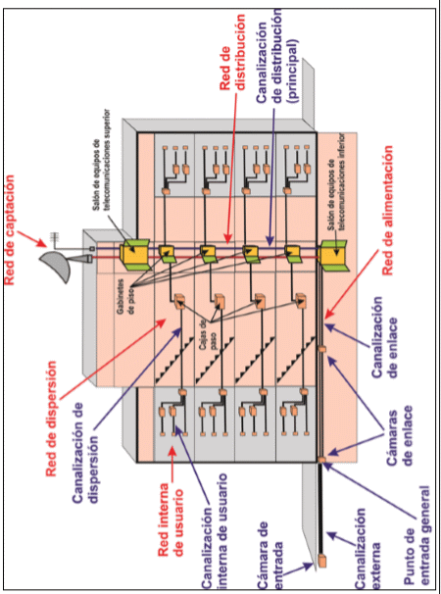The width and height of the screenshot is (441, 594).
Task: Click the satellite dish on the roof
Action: [x=55, y=266]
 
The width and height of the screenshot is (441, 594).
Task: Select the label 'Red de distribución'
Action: [x=232, y=52]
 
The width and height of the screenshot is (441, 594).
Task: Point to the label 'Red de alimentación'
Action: [x=387, y=211]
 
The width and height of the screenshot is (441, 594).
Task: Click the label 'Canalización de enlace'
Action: [x=385, y=337]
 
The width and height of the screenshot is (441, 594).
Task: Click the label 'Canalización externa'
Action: [x=367, y=548]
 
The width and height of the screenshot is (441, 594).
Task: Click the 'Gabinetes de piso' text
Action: [x=124, y=294]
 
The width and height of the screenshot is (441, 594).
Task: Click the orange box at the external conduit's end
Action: [x=322, y=561]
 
